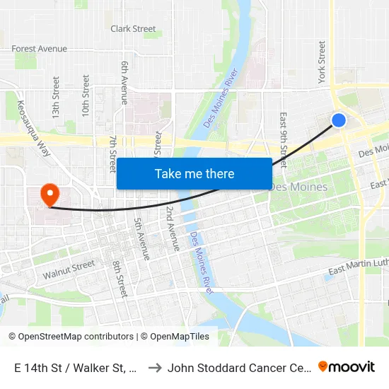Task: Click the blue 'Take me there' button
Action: point(194,173)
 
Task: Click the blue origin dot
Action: point(339,120)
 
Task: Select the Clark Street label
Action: point(133,29)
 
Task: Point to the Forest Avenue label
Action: point(40,49)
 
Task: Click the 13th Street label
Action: point(56,87)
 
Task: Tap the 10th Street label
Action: point(86,88)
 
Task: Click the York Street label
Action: point(323,62)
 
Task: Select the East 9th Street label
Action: point(283,134)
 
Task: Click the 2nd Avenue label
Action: point(173,228)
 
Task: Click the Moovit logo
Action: point(347,367)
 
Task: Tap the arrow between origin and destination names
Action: point(154,368)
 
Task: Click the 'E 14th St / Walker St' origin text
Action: point(74,368)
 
